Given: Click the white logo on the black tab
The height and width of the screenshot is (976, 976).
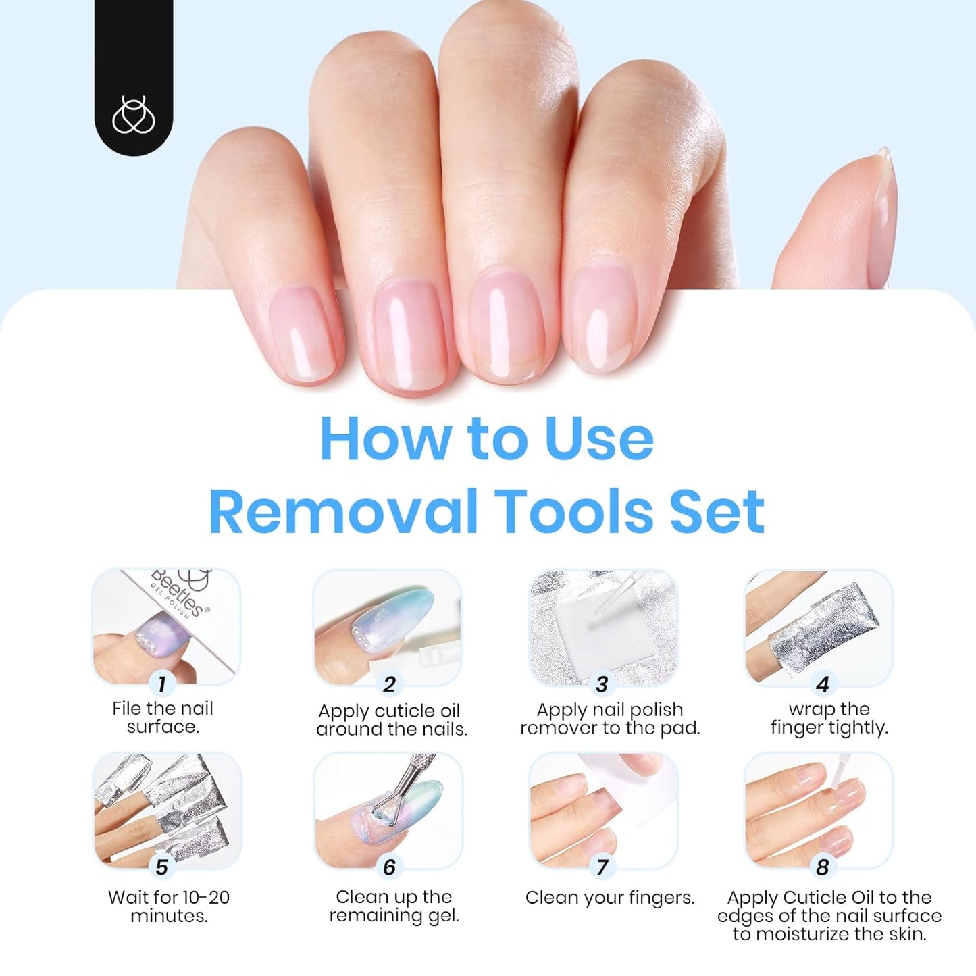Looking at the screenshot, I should point(133,115).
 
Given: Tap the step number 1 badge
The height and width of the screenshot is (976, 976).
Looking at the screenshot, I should point(161,684).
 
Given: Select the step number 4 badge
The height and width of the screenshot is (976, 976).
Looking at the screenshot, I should point(822,684).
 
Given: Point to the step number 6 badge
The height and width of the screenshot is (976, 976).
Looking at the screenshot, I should point(389,867).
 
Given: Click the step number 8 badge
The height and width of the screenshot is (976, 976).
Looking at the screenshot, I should point(822,867).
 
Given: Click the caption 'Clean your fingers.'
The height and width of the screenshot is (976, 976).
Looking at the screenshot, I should point(610,898).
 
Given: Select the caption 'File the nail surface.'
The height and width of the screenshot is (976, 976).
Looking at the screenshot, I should point(163,717).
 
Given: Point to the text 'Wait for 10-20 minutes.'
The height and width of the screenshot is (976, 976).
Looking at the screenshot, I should point(169,906).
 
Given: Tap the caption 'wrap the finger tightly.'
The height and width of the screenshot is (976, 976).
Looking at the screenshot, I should point(829,718).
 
